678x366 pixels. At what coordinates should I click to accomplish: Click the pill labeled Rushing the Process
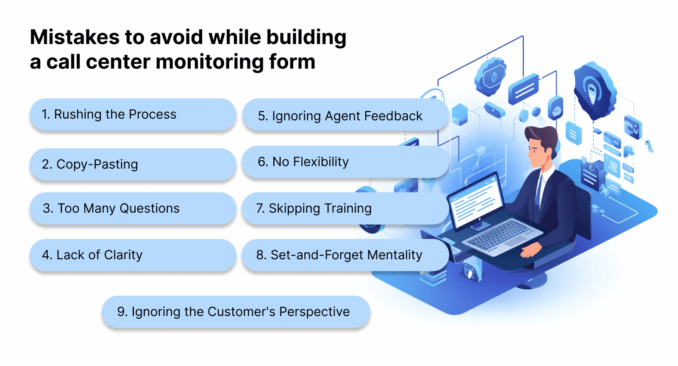132,114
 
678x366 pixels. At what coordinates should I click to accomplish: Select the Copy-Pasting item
132,164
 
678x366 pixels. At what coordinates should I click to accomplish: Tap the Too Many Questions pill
132,208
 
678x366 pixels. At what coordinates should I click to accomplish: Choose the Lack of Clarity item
132,255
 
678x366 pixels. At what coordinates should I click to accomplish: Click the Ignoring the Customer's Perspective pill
236,312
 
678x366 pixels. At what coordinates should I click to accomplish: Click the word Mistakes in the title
75,37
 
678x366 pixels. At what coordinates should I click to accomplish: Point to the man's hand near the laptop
530,250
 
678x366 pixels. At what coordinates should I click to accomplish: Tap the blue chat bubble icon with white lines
523,89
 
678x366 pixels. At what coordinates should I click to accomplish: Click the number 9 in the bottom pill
122,312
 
